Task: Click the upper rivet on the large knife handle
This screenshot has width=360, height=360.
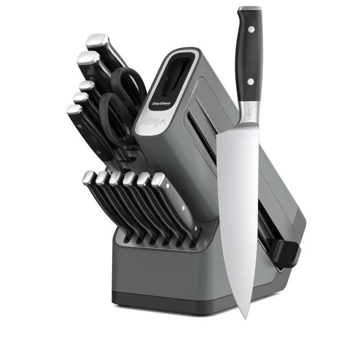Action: click(x=250, y=30)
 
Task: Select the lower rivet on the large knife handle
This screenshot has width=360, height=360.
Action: click(x=250, y=81)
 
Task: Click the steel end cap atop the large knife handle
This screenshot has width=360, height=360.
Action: click(x=249, y=9)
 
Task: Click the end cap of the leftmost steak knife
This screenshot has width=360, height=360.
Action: click(x=88, y=177)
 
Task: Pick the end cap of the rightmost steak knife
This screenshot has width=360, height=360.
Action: click(x=158, y=179)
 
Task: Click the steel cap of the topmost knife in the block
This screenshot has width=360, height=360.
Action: click(x=97, y=41)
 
